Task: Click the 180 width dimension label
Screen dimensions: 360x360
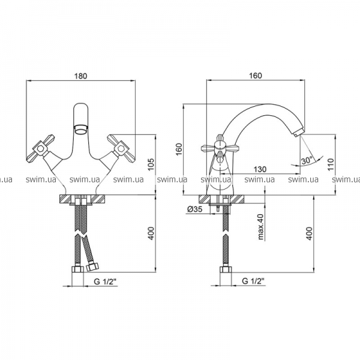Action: (81, 76)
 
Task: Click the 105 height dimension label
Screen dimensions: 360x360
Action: (151, 164)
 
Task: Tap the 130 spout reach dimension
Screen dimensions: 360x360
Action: (260, 169)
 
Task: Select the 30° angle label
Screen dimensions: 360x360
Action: (307, 160)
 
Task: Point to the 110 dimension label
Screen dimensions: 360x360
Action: (331, 164)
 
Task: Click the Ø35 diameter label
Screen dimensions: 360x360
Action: (195, 209)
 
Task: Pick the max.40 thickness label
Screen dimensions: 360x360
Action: (261, 227)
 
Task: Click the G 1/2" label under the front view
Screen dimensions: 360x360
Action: (106, 281)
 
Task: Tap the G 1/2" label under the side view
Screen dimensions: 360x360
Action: (253, 281)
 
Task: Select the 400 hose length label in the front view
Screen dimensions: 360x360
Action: (151, 233)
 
